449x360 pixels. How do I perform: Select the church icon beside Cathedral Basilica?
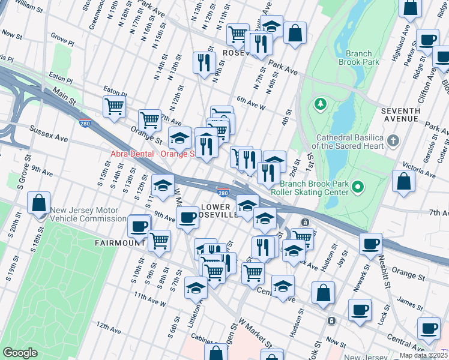click(x=393, y=142)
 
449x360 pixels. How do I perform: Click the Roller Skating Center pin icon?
click(x=358, y=188)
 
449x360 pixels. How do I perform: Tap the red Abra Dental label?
click(x=153, y=154)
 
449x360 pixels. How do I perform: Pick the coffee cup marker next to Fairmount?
click(x=139, y=227)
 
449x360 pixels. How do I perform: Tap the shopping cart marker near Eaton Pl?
click(x=114, y=107)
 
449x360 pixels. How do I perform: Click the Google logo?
click(x=20, y=353)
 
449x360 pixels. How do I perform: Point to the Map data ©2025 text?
click(x=423, y=355)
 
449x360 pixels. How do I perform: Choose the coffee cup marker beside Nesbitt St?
click(x=371, y=244)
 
